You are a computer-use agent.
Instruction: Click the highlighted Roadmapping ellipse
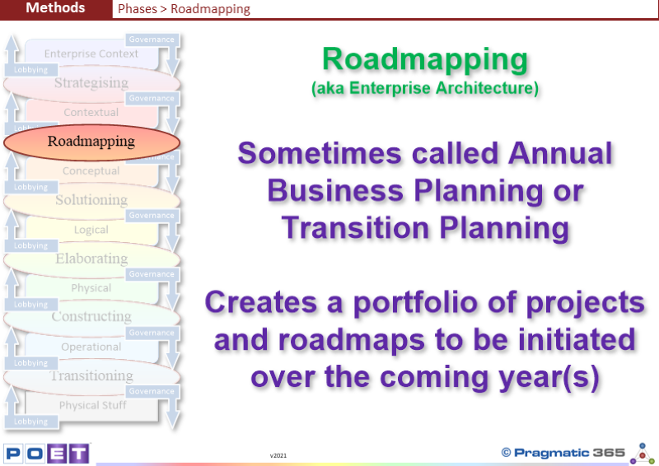(91, 142)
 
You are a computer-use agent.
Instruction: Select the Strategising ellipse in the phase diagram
(91, 83)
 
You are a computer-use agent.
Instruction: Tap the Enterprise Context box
(91, 54)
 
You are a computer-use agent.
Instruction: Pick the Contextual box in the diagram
(91, 113)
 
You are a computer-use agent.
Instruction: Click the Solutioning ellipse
(91, 200)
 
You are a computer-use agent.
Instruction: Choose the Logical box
(91, 230)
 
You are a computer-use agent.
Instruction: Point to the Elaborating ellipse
(91, 259)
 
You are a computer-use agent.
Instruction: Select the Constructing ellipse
(91, 317)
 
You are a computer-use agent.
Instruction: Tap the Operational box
(91, 347)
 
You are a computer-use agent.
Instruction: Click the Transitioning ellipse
(91, 376)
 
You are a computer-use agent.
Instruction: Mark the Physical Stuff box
(92, 406)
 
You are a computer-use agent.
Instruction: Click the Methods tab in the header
(56, 8)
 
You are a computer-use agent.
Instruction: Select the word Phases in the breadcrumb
(138, 9)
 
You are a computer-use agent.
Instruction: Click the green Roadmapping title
(425, 60)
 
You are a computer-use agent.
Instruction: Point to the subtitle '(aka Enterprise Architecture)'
(425, 88)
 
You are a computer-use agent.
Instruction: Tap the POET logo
(47, 454)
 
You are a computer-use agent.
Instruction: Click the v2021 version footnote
(278, 455)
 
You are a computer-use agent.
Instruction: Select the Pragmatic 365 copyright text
(563, 453)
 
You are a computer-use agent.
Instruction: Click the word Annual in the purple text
(560, 153)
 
